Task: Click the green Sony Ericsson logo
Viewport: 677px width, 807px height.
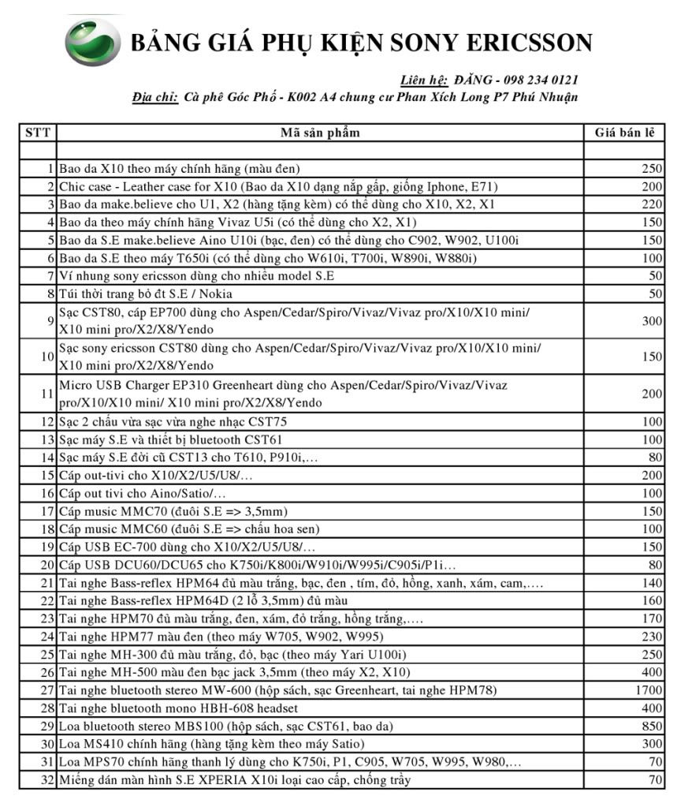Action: click(93, 42)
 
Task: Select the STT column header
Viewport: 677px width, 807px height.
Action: click(37, 133)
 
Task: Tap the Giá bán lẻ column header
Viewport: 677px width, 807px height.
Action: click(623, 133)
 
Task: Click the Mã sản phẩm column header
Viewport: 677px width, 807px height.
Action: click(320, 133)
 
